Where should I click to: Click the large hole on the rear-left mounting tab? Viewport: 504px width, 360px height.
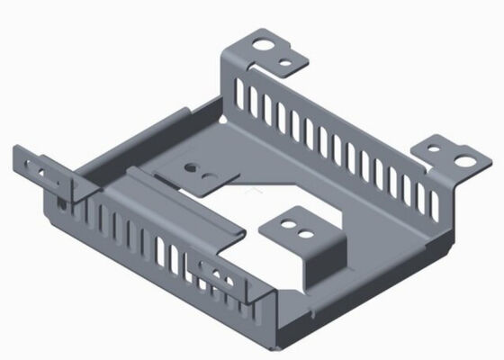tap(262, 44)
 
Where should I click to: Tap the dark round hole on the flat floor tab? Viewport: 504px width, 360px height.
tap(190, 166)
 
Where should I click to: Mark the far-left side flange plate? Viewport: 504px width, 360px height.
tap(40, 171)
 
